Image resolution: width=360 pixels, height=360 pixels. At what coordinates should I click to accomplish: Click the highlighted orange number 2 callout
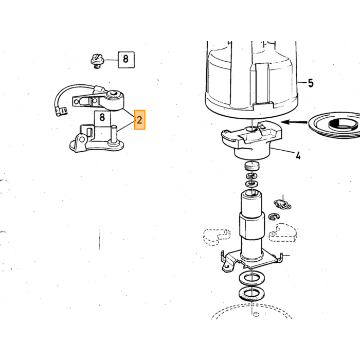point(139,120)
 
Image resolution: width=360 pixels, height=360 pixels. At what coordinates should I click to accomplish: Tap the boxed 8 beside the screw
point(126,60)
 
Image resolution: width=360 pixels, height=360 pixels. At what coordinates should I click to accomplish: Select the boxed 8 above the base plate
point(102,119)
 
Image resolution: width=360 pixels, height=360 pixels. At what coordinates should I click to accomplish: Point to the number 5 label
point(311,83)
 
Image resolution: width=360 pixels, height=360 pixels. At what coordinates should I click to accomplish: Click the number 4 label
point(298,156)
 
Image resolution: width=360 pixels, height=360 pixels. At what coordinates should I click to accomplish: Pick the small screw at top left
point(97,61)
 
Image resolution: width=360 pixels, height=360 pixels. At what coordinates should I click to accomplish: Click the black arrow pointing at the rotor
point(294,122)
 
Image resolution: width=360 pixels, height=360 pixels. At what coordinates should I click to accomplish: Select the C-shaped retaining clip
point(274,217)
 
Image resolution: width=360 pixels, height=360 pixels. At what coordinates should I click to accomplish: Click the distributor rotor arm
point(252,139)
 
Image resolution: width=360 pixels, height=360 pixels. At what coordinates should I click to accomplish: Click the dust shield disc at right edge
point(335,125)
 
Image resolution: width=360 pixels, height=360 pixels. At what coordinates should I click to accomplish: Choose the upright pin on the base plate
point(114,135)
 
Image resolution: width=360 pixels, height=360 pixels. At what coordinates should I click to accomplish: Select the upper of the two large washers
point(251,279)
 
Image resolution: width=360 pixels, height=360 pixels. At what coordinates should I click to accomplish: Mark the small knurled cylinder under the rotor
point(252,166)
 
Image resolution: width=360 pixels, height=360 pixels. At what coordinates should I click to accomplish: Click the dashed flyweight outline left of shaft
point(216,237)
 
